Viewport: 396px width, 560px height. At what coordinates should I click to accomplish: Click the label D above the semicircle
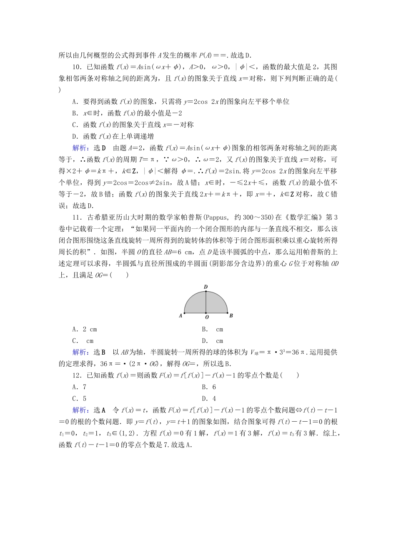tap(206, 287)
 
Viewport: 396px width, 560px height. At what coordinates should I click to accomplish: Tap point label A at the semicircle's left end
tap(180, 316)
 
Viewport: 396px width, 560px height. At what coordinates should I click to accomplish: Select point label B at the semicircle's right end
tap(231, 315)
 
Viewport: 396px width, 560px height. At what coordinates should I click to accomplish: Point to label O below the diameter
tap(206, 317)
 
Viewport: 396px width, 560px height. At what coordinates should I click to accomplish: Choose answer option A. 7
tap(79, 387)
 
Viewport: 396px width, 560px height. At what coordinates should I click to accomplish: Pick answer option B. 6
tap(209, 387)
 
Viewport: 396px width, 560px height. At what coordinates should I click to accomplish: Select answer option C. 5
tap(79, 399)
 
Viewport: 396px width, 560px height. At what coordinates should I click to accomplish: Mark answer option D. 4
tap(209, 399)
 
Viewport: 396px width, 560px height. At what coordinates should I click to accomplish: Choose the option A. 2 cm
tap(85, 329)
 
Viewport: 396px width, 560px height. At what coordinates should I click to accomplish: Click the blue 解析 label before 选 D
tap(80, 148)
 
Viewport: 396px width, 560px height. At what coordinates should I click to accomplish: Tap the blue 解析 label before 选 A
tap(80, 410)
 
